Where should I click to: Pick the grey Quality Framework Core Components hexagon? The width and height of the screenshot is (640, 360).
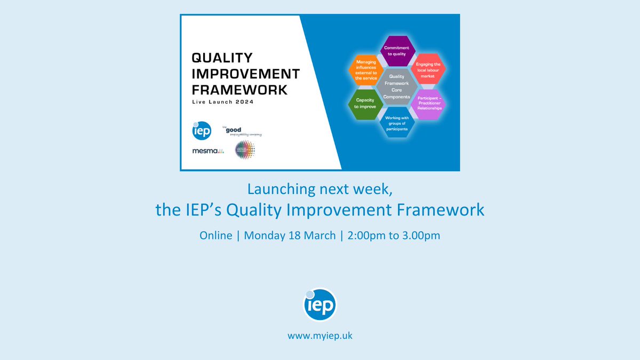point(396,87)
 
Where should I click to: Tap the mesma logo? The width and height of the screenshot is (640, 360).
point(208,151)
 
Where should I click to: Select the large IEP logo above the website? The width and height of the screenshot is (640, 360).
point(320,305)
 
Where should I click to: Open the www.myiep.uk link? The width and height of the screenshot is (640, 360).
point(320,336)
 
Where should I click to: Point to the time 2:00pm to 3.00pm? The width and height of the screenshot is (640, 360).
point(394,235)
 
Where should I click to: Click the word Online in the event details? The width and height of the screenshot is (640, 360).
point(216,235)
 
